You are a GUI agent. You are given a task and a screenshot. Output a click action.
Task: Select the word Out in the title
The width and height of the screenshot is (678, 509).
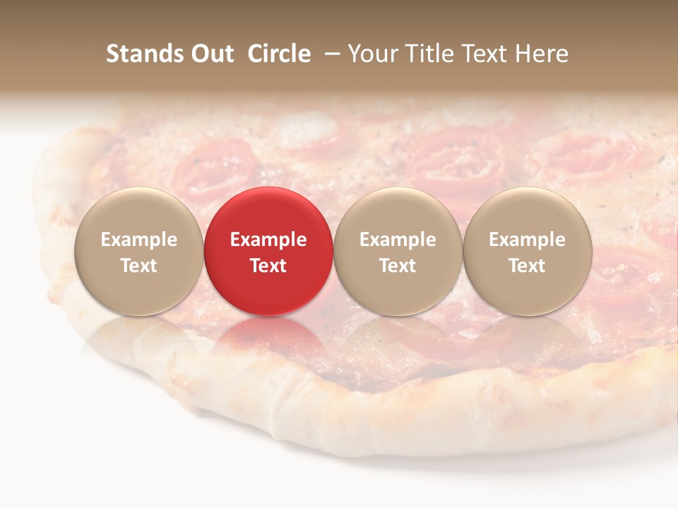click(210, 54)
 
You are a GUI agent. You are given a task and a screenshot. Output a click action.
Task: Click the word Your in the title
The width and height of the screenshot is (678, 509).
click(374, 54)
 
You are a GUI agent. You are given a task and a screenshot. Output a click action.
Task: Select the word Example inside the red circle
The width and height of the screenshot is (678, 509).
click(268, 240)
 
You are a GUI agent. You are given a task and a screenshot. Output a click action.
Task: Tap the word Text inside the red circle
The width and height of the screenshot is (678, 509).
click(268, 266)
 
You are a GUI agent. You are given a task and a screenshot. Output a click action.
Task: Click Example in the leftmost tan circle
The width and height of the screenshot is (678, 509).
click(139, 240)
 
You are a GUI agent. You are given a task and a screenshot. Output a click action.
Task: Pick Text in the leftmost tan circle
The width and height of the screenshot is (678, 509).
click(139, 266)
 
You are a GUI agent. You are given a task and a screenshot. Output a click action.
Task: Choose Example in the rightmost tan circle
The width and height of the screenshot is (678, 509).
click(527, 240)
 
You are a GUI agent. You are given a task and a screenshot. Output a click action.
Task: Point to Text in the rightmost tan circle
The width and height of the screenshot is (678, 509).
click(527, 266)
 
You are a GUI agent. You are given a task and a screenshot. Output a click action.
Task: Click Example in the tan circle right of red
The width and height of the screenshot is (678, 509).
click(398, 240)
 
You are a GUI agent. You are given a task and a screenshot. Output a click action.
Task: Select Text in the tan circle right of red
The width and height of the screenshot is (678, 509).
click(398, 266)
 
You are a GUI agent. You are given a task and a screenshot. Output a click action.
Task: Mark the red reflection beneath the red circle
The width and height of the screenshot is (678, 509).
click(268, 336)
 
